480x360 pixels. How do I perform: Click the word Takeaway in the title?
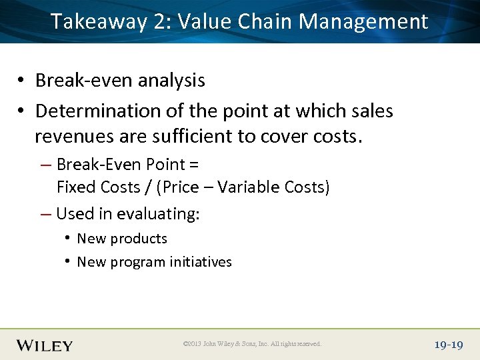click(x=99, y=22)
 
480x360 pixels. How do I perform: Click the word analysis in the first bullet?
click(x=167, y=81)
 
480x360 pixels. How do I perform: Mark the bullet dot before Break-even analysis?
click(x=22, y=81)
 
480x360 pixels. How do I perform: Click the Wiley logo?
click(x=45, y=345)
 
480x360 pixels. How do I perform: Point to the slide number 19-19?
click(x=448, y=345)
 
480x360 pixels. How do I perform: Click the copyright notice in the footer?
click(x=252, y=344)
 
